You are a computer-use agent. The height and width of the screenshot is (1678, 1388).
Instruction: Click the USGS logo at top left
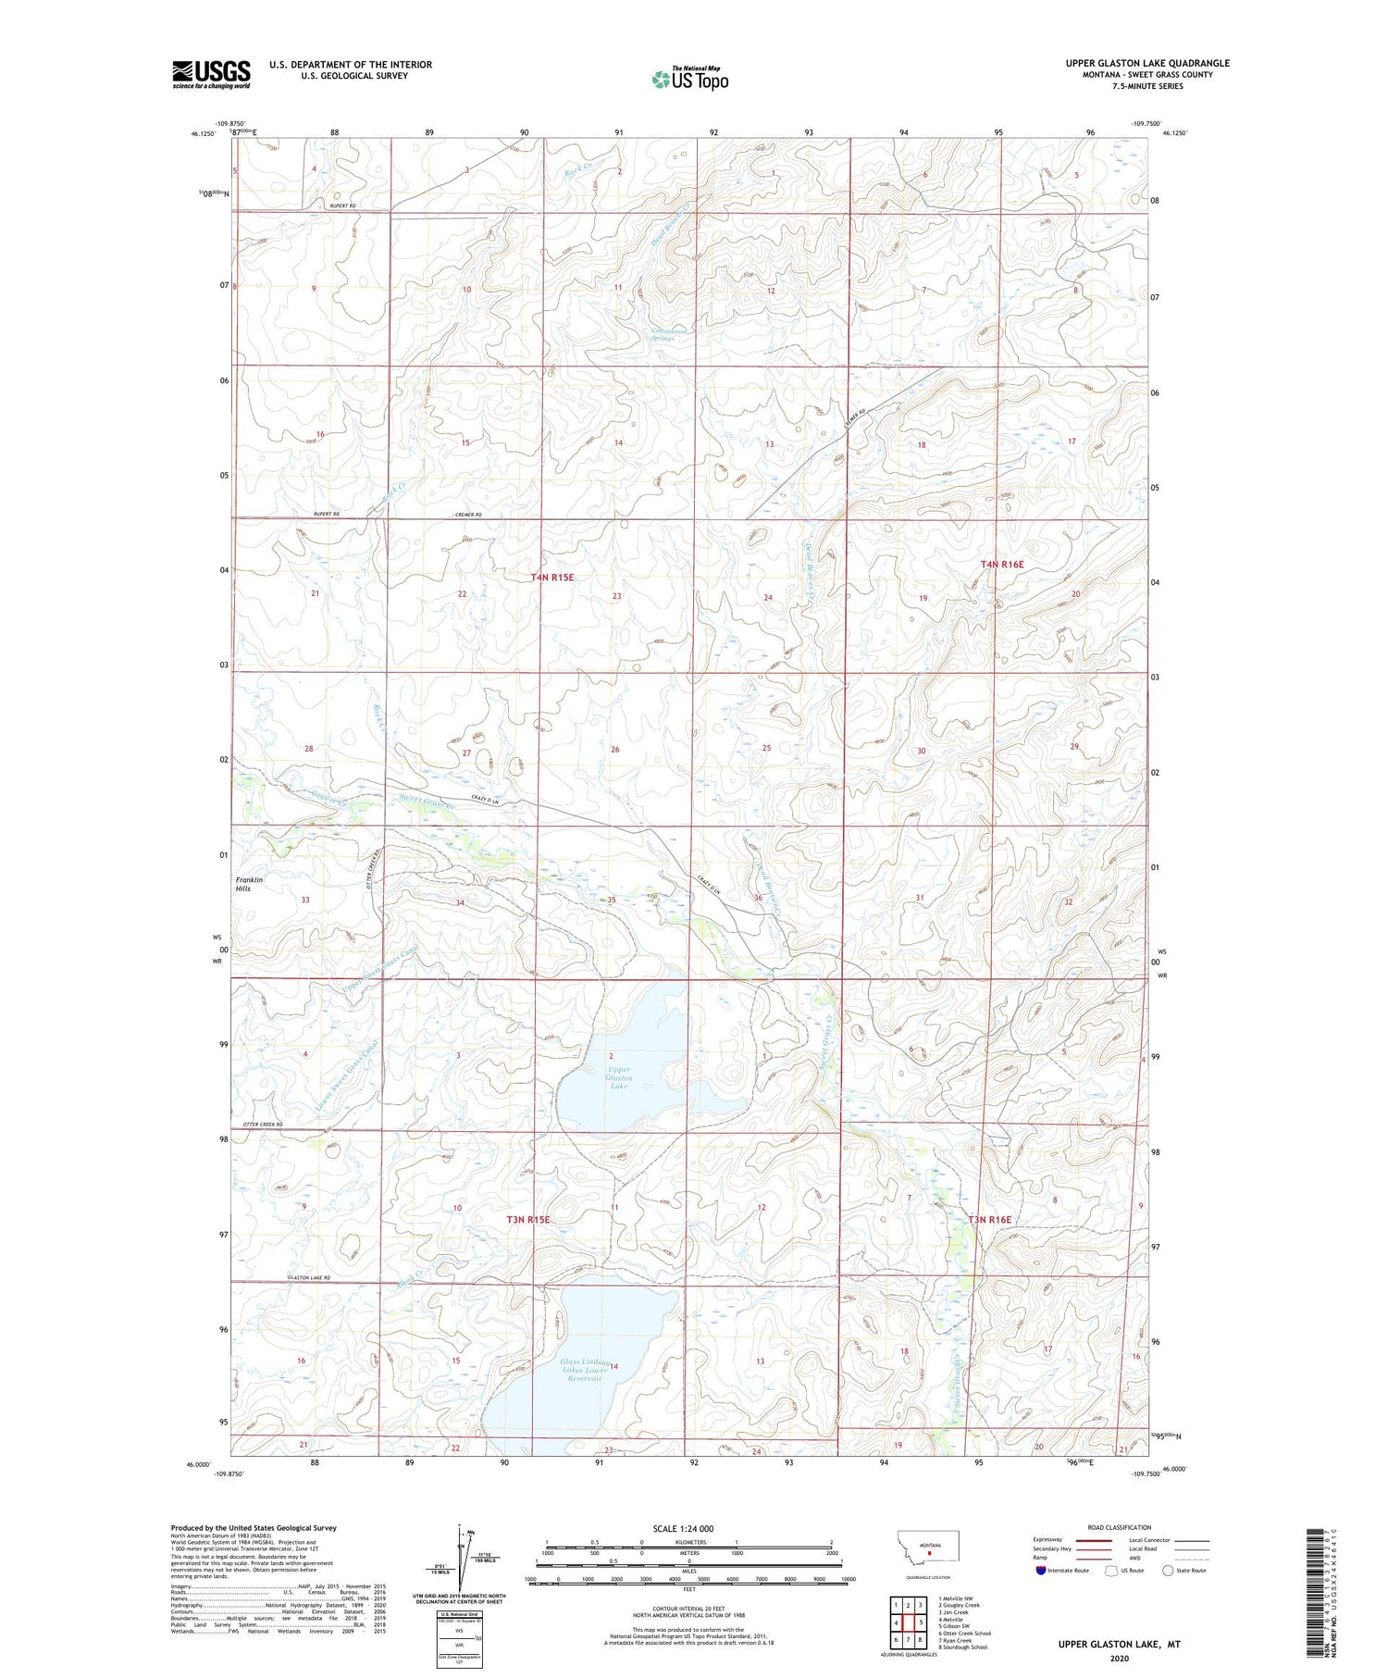[x=211, y=73]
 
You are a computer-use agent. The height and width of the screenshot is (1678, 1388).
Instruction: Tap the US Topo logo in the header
[x=689, y=80]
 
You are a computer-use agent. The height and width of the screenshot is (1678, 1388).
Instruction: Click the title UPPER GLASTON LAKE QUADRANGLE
[x=1147, y=63]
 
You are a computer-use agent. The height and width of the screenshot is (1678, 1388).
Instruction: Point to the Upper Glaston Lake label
[x=619, y=1077]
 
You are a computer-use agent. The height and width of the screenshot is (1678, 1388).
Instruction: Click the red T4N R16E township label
[x=1002, y=564]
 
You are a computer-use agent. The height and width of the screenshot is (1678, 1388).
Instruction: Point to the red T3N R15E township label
[x=528, y=1220]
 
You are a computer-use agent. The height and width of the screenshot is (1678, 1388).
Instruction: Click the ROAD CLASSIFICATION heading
[x=1120, y=1527]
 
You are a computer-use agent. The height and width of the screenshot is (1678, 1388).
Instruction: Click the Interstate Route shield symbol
[x=1041, y=1570]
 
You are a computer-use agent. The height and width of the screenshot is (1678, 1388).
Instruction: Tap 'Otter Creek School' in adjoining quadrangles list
[x=964, y=1633]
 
